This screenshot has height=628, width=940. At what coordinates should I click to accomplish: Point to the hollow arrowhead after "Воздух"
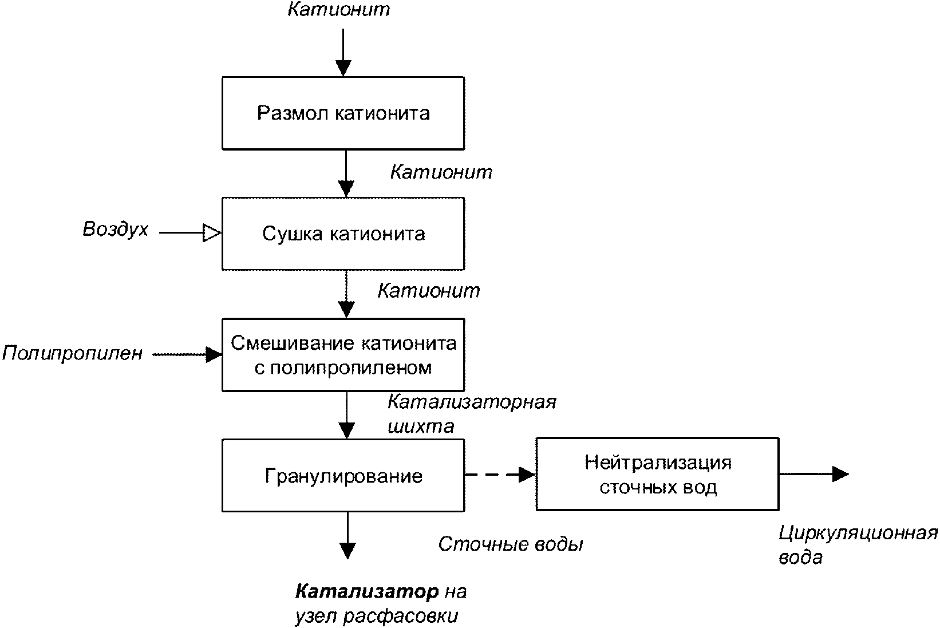tap(212, 233)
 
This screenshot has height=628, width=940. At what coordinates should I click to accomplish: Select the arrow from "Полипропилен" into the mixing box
tap(187, 354)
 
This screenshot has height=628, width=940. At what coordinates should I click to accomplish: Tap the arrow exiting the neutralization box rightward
tap(814, 474)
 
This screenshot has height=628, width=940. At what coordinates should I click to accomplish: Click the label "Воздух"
tap(116, 230)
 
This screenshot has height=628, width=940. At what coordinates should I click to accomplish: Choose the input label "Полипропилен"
tap(73, 353)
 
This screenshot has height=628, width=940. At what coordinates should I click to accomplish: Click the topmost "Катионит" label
tap(339, 9)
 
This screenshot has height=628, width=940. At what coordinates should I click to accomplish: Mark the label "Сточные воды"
tap(511, 544)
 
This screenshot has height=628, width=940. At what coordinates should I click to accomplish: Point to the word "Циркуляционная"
tap(858, 534)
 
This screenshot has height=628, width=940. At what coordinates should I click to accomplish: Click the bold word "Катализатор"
tap(367, 591)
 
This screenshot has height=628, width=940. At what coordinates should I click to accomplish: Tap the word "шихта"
tap(421, 426)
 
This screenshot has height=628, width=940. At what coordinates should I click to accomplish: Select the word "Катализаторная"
tap(472, 402)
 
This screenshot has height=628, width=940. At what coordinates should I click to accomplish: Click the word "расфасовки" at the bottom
tap(400, 616)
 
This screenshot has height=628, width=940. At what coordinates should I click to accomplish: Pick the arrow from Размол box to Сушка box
tap(346, 173)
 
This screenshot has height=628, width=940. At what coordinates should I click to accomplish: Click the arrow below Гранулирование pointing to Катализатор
tap(347, 536)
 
